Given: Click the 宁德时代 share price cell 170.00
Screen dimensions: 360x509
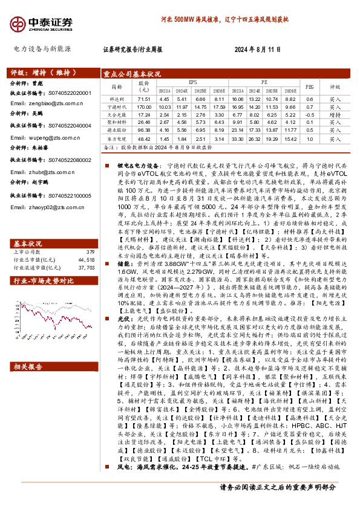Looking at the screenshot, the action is (x=143, y=106).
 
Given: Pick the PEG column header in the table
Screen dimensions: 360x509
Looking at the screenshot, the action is (x=309, y=86).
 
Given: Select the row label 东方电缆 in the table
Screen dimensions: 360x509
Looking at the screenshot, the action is (x=116, y=138).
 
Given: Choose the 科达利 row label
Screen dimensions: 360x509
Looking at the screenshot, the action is (x=116, y=99).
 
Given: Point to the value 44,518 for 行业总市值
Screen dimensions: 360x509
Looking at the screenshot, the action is (x=87, y=242).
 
